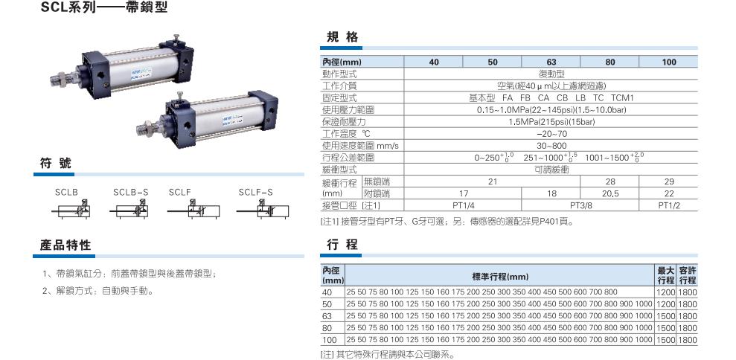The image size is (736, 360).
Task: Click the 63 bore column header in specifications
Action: tap(551, 62)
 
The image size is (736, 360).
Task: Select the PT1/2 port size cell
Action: tap(669, 205)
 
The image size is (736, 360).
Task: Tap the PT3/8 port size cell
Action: tap(580, 205)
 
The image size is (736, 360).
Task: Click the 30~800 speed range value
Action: tap(551, 146)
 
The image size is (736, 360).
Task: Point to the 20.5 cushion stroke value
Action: tap(609, 194)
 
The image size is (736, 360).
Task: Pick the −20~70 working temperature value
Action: tap(551, 134)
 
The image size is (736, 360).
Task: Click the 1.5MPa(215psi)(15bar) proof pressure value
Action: tap(551, 122)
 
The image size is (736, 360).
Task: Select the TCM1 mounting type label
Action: tap(622, 98)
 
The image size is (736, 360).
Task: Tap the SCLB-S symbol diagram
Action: tap(129, 210)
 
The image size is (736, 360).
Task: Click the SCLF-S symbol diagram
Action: tap(263, 210)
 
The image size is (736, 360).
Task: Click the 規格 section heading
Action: tap(342, 37)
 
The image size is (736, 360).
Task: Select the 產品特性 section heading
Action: tap(65, 245)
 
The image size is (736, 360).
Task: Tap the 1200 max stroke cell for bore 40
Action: tap(666, 292)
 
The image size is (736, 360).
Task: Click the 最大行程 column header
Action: tap(666, 275)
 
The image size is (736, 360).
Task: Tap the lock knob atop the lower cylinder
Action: tap(181, 96)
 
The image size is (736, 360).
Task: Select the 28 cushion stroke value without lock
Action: tap(609, 181)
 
